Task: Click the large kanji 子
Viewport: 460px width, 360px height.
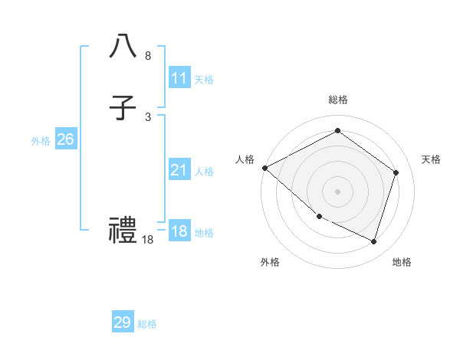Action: click(x=123, y=108)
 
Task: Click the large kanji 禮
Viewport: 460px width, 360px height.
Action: click(x=123, y=229)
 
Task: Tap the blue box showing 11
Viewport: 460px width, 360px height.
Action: click(x=179, y=78)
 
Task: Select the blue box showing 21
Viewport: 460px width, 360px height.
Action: click(x=179, y=170)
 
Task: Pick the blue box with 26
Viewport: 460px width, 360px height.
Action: click(x=65, y=139)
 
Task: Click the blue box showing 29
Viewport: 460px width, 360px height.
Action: click(x=123, y=322)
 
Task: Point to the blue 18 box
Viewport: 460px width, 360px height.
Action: click(x=179, y=231)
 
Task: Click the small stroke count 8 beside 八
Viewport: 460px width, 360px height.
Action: click(x=147, y=56)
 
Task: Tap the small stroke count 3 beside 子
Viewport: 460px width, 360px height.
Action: click(x=147, y=117)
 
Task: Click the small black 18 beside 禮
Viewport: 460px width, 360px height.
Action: click(x=148, y=240)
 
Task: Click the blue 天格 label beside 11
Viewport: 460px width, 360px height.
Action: click(x=204, y=80)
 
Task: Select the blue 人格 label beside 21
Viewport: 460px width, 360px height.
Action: click(x=204, y=172)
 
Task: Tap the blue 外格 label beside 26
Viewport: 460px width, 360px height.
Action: click(x=41, y=141)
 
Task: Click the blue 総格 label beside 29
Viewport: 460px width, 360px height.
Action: click(x=147, y=324)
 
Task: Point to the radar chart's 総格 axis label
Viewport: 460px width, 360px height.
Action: click(x=338, y=100)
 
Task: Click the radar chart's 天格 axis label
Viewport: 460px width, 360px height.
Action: click(x=431, y=159)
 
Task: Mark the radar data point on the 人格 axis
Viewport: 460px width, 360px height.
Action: click(x=264, y=168)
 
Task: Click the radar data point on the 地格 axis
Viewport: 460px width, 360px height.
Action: click(x=374, y=242)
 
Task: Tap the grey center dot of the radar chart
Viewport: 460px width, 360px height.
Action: click(x=337, y=191)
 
